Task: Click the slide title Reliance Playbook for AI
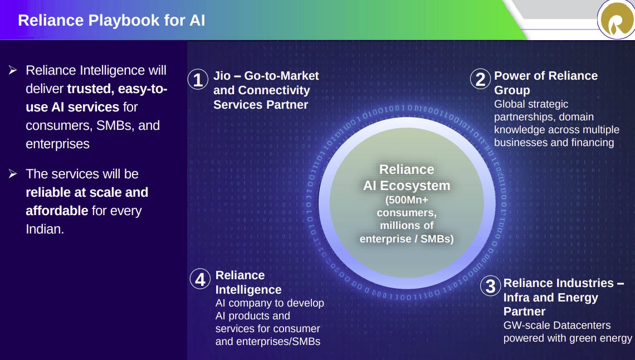tap(111, 21)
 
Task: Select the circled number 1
tap(198, 80)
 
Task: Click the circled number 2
tap(480, 80)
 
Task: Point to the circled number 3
tap(490, 286)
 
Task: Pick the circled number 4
tap(201, 279)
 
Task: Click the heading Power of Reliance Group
tap(545, 82)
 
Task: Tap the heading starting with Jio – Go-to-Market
tap(266, 76)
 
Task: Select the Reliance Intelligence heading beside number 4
tap(248, 283)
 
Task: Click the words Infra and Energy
tap(550, 298)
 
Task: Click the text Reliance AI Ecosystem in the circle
tap(406, 177)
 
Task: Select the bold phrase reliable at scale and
tap(87, 192)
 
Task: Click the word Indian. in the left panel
tap(45, 229)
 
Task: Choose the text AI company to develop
tap(270, 303)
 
